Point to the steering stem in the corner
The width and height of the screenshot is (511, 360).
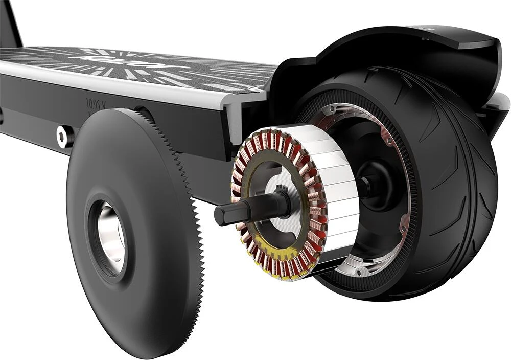tap(10, 20)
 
